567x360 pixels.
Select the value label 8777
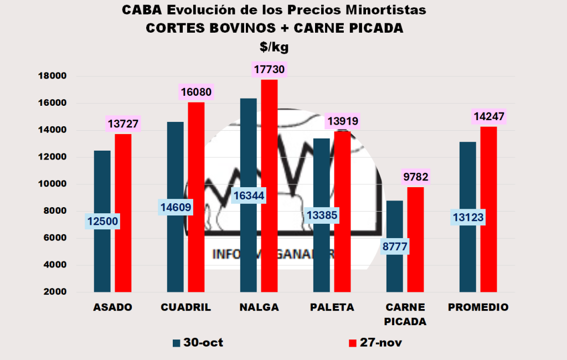395,246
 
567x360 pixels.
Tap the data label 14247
489,117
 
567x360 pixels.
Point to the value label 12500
102,222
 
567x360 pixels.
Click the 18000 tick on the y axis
52,76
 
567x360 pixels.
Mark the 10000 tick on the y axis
52,184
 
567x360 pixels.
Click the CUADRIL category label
185,307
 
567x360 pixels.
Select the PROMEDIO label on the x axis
478,307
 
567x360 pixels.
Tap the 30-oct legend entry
198,343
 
